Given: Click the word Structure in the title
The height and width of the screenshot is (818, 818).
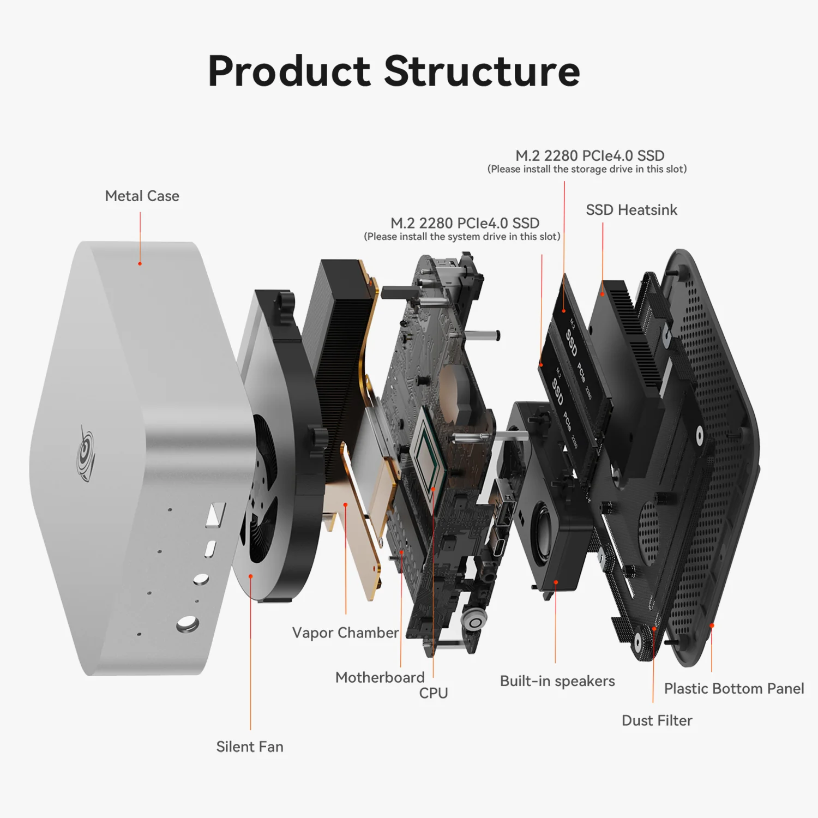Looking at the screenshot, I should (482, 71).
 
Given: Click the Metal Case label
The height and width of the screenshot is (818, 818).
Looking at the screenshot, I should (142, 196).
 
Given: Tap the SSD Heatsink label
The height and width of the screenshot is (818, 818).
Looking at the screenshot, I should (631, 210).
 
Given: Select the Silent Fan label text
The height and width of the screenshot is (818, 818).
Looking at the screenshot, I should (250, 747).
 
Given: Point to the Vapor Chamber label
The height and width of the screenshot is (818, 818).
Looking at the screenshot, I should (345, 633).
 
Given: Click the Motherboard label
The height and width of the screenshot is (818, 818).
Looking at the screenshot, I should (380, 677).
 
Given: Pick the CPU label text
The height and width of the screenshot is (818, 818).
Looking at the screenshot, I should (434, 693).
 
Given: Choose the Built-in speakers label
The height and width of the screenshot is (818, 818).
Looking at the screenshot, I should (557, 681).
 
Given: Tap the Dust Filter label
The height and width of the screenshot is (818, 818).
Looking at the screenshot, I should (657, 720).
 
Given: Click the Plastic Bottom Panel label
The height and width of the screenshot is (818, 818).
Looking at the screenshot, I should (733, 689).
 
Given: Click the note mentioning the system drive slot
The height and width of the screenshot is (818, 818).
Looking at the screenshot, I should (462, 237).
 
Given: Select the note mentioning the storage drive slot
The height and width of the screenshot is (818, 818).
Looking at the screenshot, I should (587, 169).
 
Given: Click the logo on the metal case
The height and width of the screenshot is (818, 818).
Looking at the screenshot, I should (86, 453).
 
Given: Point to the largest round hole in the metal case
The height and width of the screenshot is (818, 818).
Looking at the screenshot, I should (187, 624).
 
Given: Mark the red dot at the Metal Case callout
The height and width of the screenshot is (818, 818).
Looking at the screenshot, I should (140, 263).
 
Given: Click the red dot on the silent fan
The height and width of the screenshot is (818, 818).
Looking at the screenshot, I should (251, 576).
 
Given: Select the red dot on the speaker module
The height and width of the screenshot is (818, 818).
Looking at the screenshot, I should (556, 582).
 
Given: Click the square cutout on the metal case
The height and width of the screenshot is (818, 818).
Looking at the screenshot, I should (215, 514).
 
